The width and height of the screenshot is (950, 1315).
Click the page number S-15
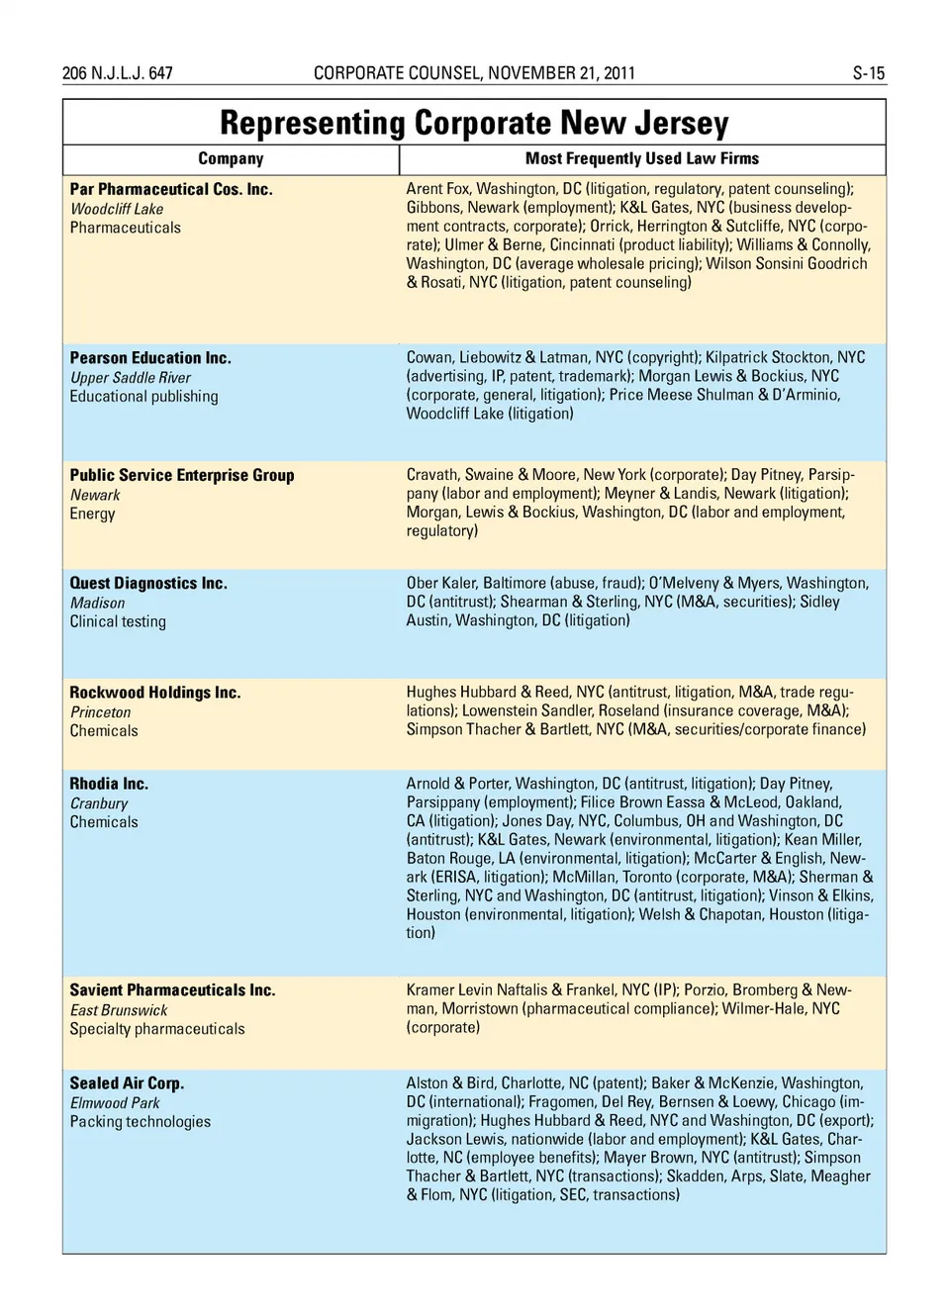868,73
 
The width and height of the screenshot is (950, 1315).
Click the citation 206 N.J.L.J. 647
117,73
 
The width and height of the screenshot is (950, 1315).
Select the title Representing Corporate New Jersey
474,123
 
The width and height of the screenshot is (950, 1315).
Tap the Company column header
231,158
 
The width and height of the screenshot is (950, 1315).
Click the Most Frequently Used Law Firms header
641,158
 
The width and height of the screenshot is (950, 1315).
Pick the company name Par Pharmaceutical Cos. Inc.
171,189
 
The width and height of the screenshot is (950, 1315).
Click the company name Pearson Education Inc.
150,358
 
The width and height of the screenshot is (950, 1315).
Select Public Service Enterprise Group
182,475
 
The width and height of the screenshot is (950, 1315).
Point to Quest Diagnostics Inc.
148,584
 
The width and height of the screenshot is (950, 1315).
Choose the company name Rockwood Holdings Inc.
155,693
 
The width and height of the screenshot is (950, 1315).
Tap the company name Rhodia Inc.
109,784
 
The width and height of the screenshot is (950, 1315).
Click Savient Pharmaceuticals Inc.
172,990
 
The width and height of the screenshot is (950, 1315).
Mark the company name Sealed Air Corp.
127,1083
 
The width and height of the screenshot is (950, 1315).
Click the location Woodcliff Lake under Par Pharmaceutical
117,209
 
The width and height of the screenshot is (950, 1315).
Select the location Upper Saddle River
131,378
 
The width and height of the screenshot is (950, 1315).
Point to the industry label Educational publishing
143,397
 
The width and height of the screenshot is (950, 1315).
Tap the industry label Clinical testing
118,622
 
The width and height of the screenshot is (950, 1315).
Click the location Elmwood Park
115,1103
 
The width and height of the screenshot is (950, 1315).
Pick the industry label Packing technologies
141,1122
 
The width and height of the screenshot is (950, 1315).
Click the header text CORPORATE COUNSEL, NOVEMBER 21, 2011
474,73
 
